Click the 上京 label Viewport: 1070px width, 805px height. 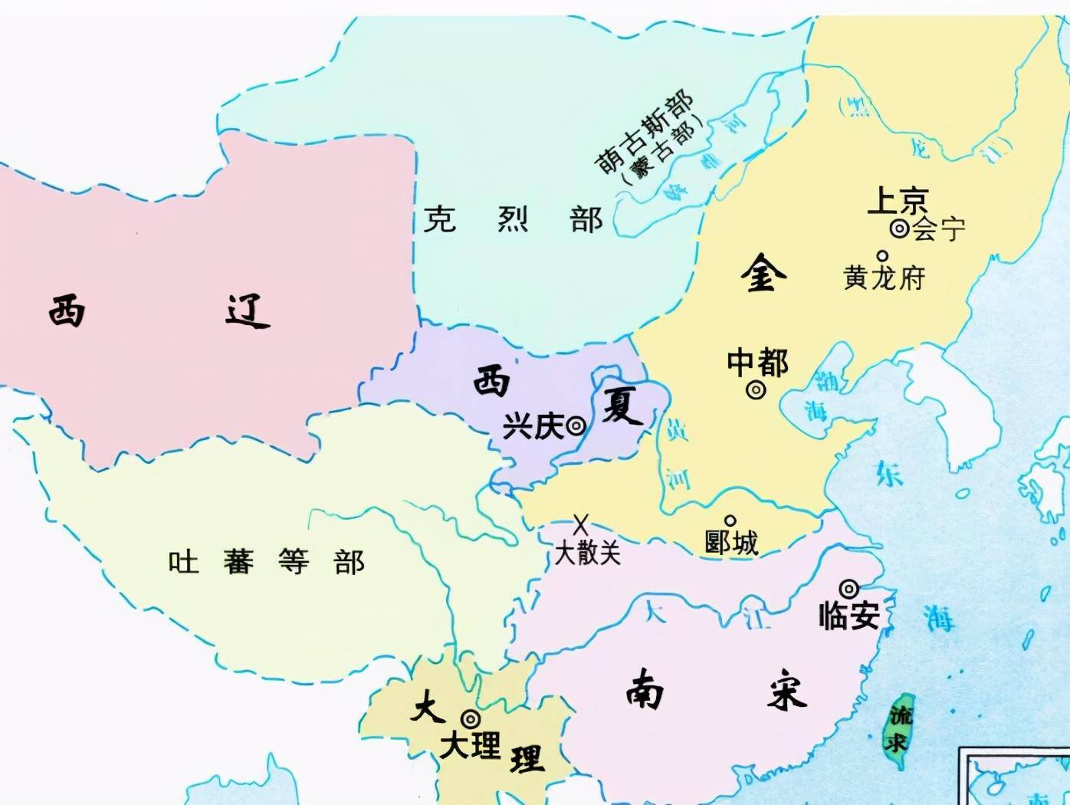tap(898, 201)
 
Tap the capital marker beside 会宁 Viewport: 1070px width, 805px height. tap(899, 228)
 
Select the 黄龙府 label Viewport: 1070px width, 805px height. tap(884, 278)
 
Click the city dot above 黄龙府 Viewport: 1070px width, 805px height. tap(882, 256)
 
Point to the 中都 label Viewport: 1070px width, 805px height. tap(757, 362)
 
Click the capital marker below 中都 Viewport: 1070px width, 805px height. tap(756, 390)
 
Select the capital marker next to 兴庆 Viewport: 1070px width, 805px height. tap(576, 426)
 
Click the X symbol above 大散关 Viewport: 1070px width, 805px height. tap(581, 525)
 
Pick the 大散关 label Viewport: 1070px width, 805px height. tap(587, 552)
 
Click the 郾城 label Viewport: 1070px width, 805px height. tap(731, 543)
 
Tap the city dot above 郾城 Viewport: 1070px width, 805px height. tap(730, 521)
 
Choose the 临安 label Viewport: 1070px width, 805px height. tap(848, 616)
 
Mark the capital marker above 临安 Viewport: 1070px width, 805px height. tap(848, 589)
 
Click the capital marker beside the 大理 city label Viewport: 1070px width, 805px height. tap(470, 719)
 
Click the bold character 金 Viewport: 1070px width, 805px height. tap(763, 274)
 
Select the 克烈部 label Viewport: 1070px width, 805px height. tap(513, 220)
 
